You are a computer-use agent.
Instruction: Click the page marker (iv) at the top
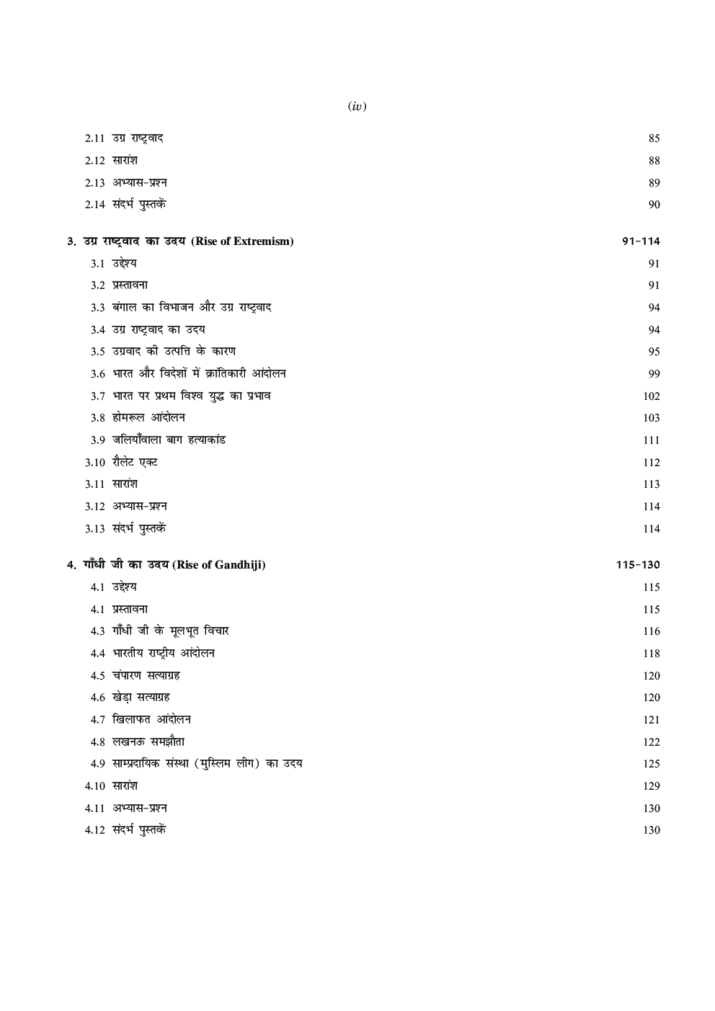tap(357, 107)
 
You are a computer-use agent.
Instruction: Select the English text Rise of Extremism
tap(242, 241)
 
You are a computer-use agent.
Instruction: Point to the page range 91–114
tap(641, 241)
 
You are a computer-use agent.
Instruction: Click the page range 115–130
tap(638, 565)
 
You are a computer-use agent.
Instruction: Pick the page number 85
tap(654, 138)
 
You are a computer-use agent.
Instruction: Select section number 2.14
tap(95, 205)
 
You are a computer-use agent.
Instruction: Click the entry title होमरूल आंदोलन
tap(149, 418)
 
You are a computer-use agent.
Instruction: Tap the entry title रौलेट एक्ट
tap(135, 463)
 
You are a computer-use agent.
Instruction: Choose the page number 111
tap(651, 440)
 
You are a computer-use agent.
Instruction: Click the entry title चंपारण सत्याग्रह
tap(146, 676)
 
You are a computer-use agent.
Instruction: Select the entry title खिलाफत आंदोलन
tap(152, 720)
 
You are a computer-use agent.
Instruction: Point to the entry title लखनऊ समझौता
tap(148, 742)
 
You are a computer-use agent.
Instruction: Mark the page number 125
tap(651, 764)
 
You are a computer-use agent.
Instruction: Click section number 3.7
tap(98, 396)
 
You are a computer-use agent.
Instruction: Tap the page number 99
tap(654, 374)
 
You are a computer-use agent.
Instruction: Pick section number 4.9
tap(98, 764)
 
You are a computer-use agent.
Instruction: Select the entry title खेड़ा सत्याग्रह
tap(141, 698)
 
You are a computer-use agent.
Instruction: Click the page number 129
tap(651, 786)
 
